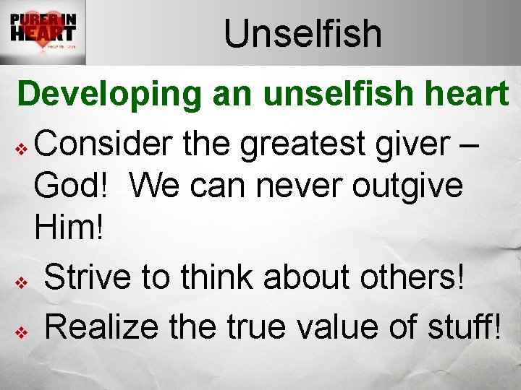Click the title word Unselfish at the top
(302, 33)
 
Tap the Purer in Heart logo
(43, 33)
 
